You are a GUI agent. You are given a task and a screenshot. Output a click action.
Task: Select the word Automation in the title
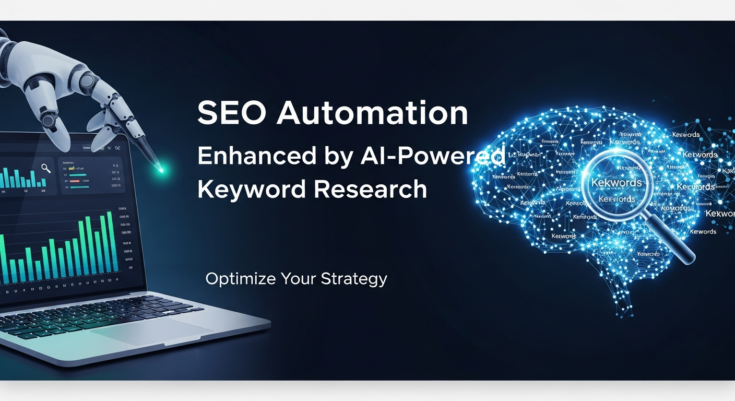[x=372, y=113]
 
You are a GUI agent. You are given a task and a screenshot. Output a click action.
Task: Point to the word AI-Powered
[x=433, y=156]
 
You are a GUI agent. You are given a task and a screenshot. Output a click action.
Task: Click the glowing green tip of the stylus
[x=161, y=170]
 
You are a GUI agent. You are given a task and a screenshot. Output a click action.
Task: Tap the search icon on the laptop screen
[x=46, y=168]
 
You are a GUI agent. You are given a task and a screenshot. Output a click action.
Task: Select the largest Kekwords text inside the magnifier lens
[x=616, y=183]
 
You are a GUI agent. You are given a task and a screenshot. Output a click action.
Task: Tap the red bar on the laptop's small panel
[x=81, y=175]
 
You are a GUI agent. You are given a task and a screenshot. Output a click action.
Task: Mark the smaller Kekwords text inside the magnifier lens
[x=617, y=199]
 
